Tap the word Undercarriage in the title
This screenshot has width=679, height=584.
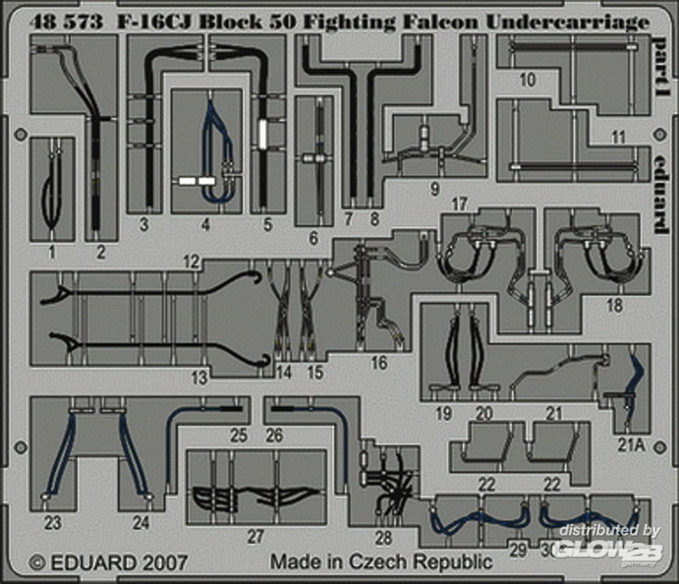tap(567, 23)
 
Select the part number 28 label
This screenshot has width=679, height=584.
tap(384, 538)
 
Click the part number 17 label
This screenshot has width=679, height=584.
tap(460, 203)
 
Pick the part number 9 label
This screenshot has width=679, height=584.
tap(435, 189)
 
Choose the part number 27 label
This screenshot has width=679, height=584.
tap(255, 537)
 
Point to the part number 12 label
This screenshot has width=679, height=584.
tap(191, 261)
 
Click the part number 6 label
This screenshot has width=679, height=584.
tap(313, 239)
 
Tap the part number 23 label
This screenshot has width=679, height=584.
tap(52, 523)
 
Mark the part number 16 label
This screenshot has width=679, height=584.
tap(378, 363)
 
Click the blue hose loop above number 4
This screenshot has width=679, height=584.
tap(217, 146)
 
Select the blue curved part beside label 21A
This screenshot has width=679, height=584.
tap(636, 376)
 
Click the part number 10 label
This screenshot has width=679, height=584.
tap(527, 80)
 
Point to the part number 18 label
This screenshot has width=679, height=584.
tap(614, 307)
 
